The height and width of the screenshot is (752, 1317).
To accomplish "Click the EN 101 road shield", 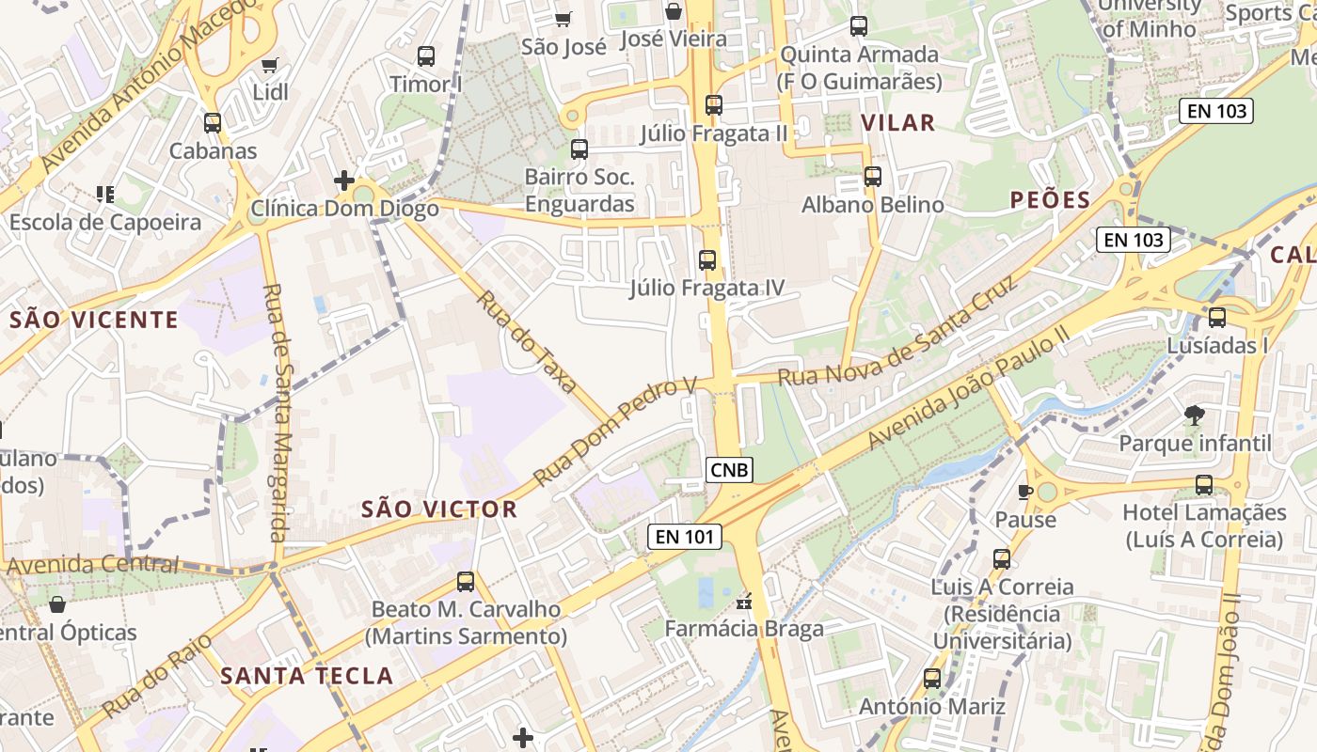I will point(685,537).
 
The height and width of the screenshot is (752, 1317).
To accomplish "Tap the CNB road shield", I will point(730,469).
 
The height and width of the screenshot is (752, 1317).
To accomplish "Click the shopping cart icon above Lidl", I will point(270,65).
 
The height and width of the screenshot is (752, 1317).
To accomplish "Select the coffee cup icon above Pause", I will point(1025,492).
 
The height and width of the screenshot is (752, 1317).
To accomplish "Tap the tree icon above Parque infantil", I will point(1195,414).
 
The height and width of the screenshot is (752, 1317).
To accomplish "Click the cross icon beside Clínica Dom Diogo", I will point(344,180).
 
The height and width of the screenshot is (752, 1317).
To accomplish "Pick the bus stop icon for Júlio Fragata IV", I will point(707,260).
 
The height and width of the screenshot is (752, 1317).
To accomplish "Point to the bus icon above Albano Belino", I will point(873,176).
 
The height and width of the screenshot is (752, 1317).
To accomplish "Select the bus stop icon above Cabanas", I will point(213,122).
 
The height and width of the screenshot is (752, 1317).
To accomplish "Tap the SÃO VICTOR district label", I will point(439,509).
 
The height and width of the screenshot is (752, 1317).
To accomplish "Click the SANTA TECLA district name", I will point(307,675).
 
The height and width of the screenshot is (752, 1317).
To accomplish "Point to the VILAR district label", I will point(898,122).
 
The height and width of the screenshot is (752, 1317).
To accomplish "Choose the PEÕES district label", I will point(1051,199).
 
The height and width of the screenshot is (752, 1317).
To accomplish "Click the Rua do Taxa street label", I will point(526,340).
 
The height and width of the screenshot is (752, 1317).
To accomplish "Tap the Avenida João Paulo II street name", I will point(969,388).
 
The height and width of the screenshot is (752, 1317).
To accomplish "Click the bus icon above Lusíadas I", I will point(1217,318).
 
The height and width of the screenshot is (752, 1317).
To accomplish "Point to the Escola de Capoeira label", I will point(105,223).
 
